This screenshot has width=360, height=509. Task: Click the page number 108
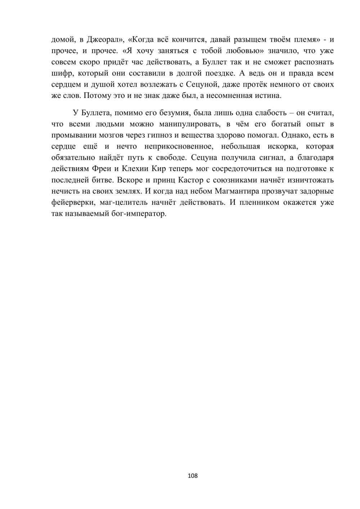point(193,476)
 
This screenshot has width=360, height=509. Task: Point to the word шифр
point(62,73)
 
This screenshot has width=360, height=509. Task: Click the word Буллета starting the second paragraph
point(96,113)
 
